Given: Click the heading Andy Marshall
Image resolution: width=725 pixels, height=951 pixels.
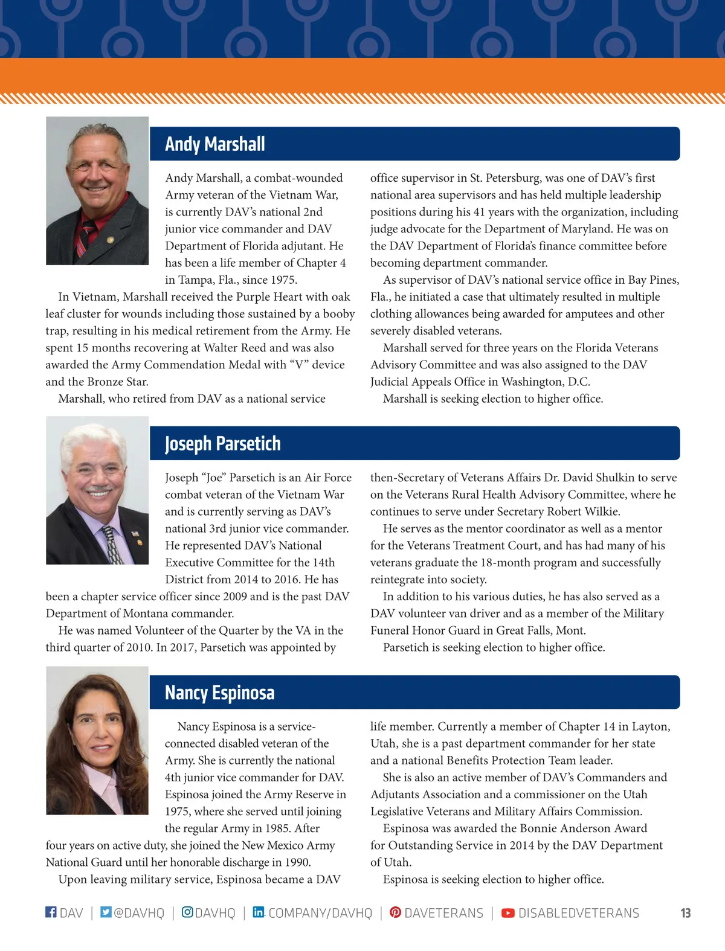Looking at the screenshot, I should click(214, 144).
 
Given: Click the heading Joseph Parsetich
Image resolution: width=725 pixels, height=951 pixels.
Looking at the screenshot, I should click(222, 444).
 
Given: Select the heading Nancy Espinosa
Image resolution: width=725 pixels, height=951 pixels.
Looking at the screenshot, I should click(219, 693).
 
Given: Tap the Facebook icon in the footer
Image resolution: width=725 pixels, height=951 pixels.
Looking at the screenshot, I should click(51, 912).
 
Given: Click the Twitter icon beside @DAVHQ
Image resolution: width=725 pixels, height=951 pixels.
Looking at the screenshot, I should click(106, 912).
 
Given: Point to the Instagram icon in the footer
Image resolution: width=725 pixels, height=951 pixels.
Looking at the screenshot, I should click(187, 912).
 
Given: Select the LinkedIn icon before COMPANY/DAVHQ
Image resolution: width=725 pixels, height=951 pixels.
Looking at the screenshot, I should click(258, 912).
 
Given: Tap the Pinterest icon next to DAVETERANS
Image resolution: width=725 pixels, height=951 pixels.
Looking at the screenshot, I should click(395, 912).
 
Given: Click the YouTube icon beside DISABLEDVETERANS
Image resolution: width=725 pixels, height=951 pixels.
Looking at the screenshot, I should click(508, 912).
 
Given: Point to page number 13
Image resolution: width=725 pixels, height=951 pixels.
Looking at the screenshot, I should click(685, 913).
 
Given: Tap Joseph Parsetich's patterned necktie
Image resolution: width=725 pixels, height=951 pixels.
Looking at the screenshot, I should click(112, 543).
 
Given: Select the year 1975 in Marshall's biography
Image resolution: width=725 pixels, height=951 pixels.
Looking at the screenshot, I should click(283, 280).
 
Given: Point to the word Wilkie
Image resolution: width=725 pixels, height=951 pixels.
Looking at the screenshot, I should click(601, 511).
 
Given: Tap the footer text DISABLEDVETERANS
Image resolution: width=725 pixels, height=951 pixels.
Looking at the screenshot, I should click(578, 913).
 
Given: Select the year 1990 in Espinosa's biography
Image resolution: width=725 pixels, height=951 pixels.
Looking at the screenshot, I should click(297, 862).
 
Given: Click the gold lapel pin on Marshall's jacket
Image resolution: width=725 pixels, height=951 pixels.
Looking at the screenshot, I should click(110, 240).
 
